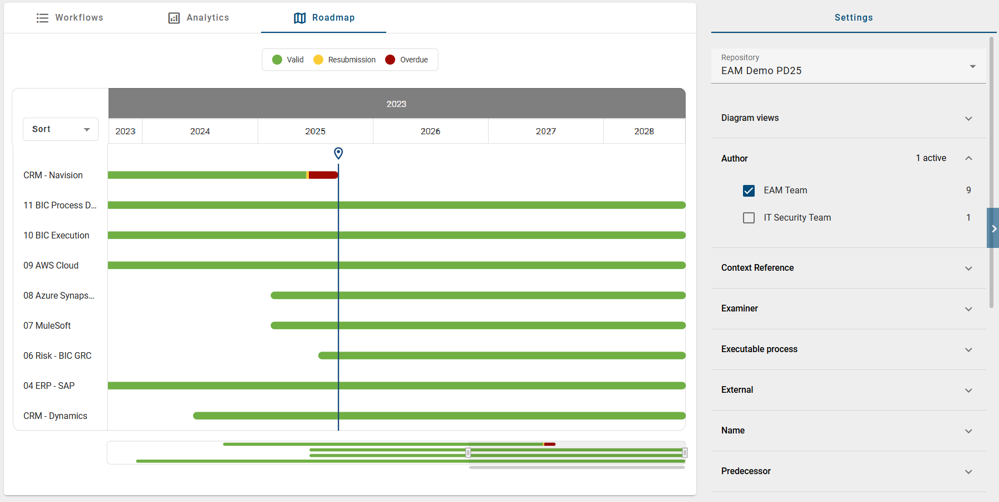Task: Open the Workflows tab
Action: [70, 18]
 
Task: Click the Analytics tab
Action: [199, 18]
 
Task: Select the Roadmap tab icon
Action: [300, 18]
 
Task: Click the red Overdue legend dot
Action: [390, 60]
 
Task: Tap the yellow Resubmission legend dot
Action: [318, 60]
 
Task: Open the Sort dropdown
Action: [61, 129]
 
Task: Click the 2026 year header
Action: [430, 131]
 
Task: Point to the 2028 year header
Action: [644, 131]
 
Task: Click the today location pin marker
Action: [338, 153]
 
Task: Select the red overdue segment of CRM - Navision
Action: [323, 175]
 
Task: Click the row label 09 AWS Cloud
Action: [51, 266]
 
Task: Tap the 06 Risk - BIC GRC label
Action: [57, 356]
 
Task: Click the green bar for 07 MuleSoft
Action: [478, 325]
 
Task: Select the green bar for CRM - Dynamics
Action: [439, 416]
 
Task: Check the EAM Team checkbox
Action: [749, 191]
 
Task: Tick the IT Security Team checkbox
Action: [749, 218]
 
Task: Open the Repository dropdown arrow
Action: [972, 66]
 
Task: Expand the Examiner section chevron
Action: [968, 309]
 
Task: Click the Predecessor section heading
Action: [746, 471]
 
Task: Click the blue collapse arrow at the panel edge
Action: [993, 228]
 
